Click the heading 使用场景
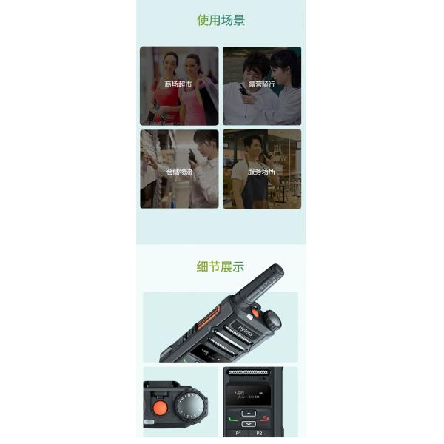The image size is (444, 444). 221,21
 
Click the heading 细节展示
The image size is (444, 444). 221,267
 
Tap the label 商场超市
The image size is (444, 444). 178,85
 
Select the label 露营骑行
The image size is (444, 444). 261,85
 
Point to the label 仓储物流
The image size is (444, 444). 178,172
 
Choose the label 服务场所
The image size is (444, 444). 261,172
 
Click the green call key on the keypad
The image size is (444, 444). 233,419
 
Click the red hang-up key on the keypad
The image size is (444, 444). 266,419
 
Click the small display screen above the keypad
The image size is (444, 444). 249,395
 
